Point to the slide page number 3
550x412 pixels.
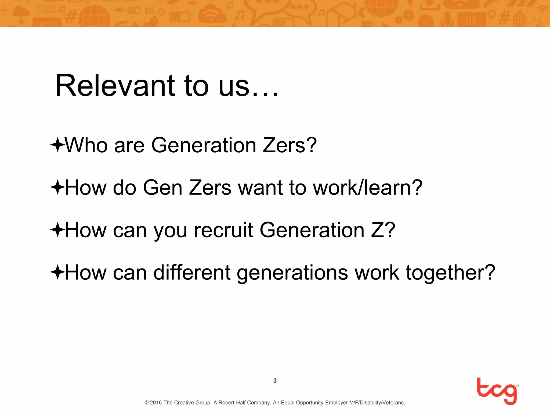(x=275, y=381)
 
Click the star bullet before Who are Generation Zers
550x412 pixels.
(x=57, y=145)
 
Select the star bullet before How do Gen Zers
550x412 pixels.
(x=57, y=187)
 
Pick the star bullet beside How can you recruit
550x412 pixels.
(x=57, y=230)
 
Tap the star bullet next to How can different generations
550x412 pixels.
(x=57, y=272)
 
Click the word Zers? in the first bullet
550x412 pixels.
(x=290, y=145)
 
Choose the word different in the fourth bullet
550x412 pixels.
(x=192, y=273)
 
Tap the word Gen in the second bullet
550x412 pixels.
(x=163, y=187)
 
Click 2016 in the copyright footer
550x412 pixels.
(x=156, y=403)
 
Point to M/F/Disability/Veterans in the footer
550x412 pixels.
(x=377, y=403)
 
